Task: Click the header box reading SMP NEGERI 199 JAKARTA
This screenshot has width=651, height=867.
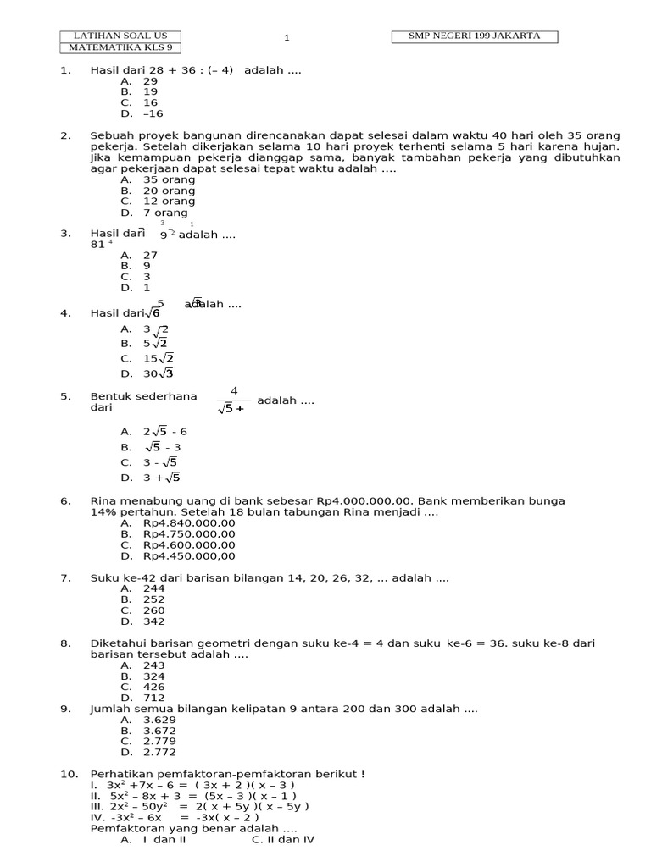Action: click(x=476, y=36)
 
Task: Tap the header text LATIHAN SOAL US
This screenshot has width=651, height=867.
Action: click(x=120, y=36)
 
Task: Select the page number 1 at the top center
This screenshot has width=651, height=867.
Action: click(x=287, y=37)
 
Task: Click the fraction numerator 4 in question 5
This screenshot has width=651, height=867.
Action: click(x=234, y=390)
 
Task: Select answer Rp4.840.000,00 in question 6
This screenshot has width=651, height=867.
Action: click(x=189, y=523)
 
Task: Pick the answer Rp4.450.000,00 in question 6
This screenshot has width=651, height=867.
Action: click(x=189, y=556)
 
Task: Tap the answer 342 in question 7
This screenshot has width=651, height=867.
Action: click(x=153, y=621)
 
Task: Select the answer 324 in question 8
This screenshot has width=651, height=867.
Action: click(x=153, y=676)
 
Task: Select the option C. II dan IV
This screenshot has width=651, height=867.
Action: click(x=283, y=840)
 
